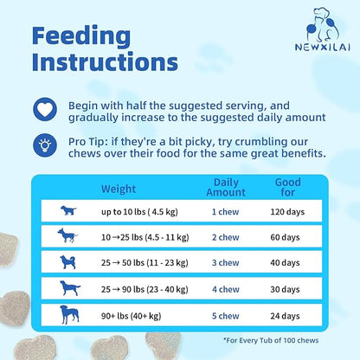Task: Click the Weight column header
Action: pyautogui.click(x=119, y=188)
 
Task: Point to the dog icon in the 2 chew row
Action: pyautogui.click(x=67, y=235)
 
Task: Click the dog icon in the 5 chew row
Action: pyautogui.click(x=67, y=314)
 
